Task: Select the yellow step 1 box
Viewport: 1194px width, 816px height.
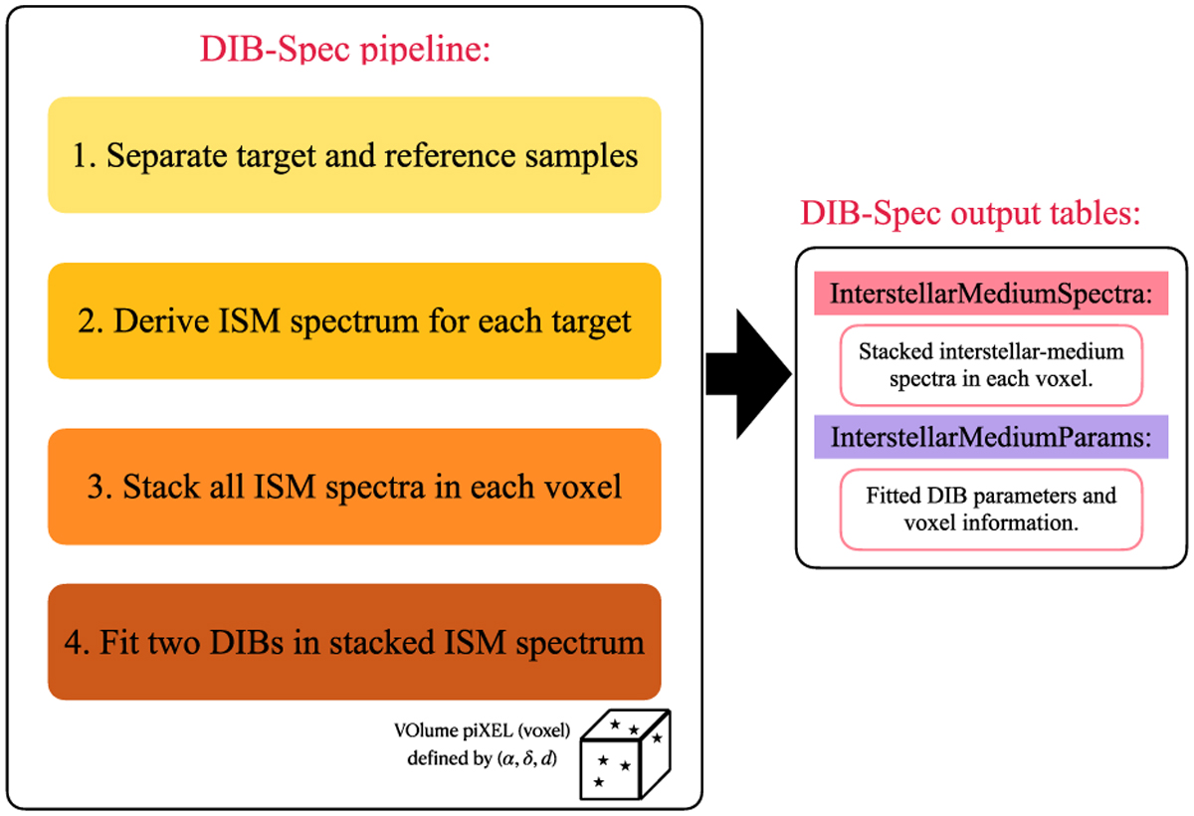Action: (x=354, y=154)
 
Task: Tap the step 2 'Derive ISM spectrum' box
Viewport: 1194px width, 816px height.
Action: (x=354, y=320)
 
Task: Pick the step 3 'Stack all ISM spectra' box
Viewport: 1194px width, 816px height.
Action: (x=354, y=487)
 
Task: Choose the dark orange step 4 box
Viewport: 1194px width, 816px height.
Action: (x=354, y=642)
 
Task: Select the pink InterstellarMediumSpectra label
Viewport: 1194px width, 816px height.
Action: (x=990, y=295)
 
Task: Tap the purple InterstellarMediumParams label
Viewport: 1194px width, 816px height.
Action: (x=990, y=437)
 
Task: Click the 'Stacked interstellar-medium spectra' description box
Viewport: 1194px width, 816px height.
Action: (x=990, y=365)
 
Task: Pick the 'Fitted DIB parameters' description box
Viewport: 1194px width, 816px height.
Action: (x=990, y=509)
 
